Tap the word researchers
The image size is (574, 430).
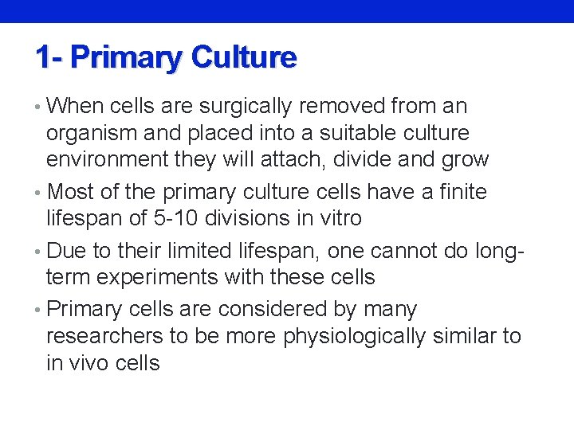coord(104,336)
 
